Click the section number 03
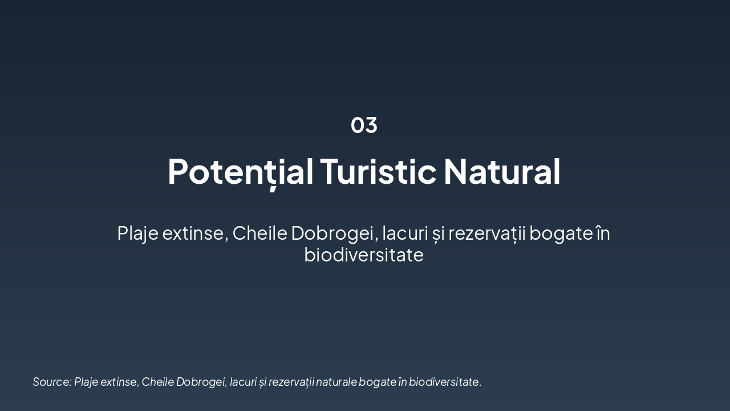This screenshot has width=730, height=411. (x=364, y=125)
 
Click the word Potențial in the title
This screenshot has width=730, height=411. (x=240, y=171)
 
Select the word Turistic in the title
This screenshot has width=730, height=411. (x=378, y=171)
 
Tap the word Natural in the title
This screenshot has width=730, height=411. (x=502, y=171)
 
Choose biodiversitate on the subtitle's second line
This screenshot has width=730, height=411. (x=364, y=255)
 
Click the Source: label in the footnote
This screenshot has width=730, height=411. (x=52, y=382)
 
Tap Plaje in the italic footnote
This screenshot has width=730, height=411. (x=86, y=382)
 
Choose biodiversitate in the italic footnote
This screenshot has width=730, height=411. (x=445, y=382)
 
